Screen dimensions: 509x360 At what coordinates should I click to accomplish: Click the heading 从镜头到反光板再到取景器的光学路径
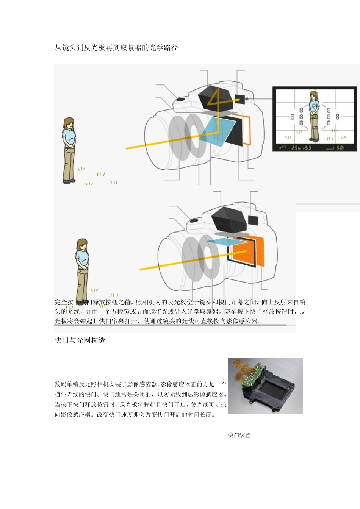(x=116, y=48)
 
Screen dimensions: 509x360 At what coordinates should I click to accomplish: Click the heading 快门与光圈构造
(x=80, y=340)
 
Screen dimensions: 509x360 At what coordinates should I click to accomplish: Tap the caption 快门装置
(x=239, y=435)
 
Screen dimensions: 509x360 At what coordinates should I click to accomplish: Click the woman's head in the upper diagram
(x=68, y=123)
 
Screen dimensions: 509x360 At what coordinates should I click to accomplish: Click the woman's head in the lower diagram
(x=82, y=244)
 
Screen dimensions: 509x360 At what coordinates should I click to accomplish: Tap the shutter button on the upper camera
(x=180, y=100)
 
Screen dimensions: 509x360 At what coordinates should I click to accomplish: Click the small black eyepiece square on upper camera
(x=239, y=99)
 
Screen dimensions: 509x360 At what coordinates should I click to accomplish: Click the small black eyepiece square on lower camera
(x=253, y=220)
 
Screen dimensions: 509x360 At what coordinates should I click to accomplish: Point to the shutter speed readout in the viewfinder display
(x=296, y=148)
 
